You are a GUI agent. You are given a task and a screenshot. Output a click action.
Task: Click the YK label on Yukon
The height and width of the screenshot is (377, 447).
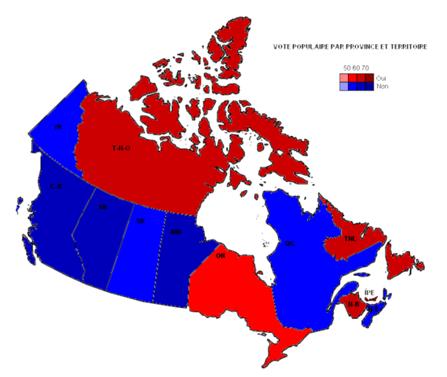(57, 126)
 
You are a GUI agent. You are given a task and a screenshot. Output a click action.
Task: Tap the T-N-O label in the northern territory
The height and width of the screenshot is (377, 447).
(121, 148)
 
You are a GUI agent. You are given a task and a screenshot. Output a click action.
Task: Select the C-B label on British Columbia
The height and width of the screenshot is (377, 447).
(56, 186)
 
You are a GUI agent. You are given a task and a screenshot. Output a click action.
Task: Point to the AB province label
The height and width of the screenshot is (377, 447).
(102, 207)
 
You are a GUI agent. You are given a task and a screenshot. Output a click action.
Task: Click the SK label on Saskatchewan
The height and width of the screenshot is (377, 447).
(141, 221)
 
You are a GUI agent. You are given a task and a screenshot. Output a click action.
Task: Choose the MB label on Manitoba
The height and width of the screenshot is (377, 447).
(176, 232)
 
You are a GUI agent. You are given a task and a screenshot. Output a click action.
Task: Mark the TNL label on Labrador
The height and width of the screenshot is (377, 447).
(350, 238)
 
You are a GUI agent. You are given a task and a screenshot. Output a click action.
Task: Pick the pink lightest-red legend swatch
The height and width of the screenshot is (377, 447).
(345, 78)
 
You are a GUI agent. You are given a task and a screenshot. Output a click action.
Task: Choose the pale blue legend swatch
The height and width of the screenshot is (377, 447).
(345, 86)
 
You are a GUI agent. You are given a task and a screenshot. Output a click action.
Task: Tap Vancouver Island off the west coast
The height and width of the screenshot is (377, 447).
(30, 249)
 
